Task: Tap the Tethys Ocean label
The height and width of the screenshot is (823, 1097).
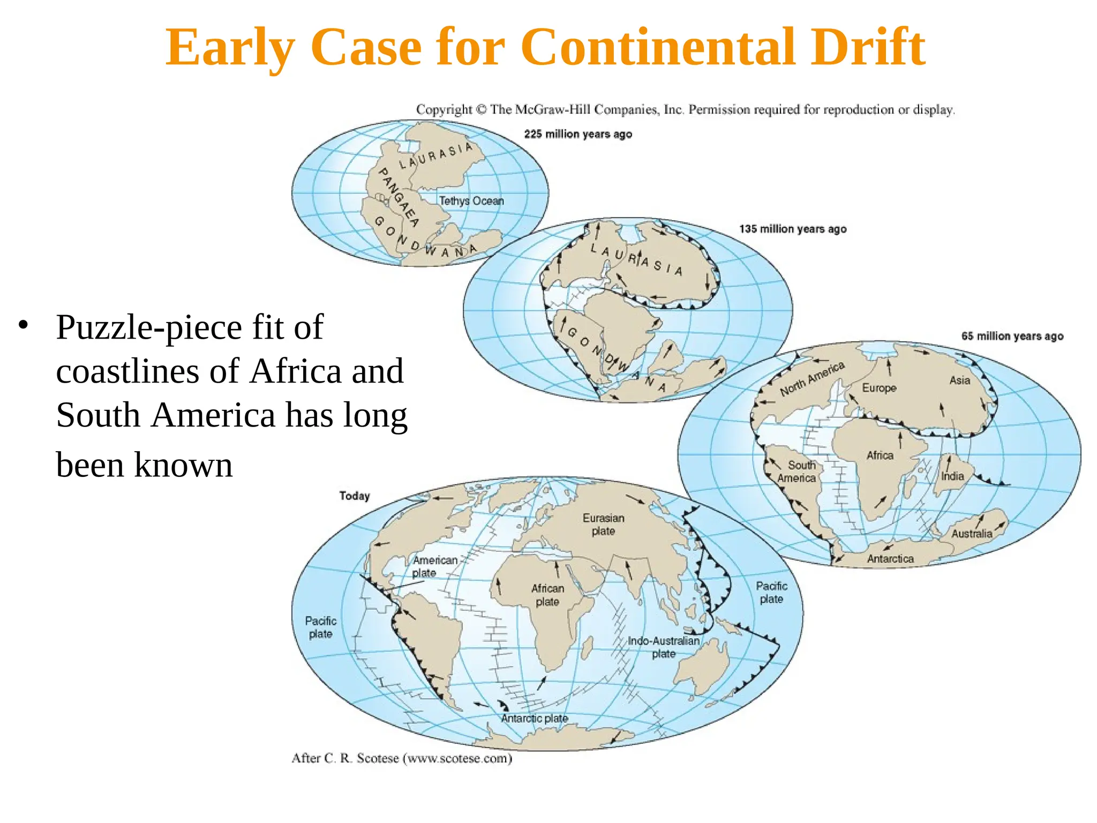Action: click(x=471, y=201)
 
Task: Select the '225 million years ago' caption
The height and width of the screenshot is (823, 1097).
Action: click(x=578, y=134)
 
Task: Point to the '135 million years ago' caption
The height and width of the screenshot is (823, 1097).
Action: click(x=793, y=229)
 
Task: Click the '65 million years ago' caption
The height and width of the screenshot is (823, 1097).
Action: click(x=1012, y=336)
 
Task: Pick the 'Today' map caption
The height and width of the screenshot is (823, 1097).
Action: click(x=354, y=496)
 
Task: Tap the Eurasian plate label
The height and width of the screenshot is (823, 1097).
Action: click(x=603, y=525)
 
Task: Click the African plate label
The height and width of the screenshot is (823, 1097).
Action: click(x=547, y=595)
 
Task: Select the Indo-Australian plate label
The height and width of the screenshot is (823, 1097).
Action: click(x=664, y=647)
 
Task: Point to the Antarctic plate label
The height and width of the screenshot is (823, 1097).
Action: click(x=534, y=718)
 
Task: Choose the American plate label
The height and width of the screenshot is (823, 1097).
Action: click(x=434, y=566)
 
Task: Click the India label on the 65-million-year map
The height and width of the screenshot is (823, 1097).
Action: click(x=952, y=476)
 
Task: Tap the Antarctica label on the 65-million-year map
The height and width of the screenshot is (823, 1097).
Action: click(x=890, y=559)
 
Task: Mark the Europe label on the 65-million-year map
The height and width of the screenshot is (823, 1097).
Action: click(x=879, y=387)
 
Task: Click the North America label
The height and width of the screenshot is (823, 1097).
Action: click(x=812, y=379)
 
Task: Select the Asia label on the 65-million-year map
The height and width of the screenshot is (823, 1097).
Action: click(x=960, y=380)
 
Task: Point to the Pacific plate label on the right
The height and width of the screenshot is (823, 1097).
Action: click(x=771, y=593)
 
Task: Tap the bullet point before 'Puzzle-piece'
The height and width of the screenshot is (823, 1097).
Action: click(x=22, y=325)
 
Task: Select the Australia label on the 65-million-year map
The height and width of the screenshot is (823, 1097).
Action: click(x=972, y=533)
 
